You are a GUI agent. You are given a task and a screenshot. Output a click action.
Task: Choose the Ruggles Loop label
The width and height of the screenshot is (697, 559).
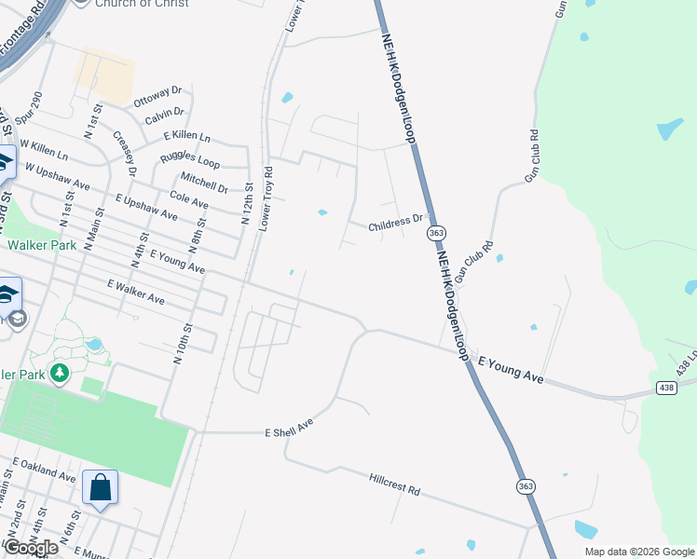(x=189, y=158)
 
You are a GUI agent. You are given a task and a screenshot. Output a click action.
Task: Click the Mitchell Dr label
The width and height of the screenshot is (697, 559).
(x=204, y=182)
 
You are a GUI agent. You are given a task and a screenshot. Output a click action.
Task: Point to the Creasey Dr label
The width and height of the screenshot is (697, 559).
(x=125, y=153)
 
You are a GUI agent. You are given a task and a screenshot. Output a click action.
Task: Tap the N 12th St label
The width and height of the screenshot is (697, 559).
(x=247, y=204)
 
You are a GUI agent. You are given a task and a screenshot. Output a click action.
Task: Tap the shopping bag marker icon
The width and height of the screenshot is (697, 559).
(x=100, y=487)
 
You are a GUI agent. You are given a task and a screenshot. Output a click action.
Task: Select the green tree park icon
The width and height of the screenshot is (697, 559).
(x=61, y=374)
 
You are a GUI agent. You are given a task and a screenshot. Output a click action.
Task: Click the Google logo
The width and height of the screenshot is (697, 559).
(x=31, y=548)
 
